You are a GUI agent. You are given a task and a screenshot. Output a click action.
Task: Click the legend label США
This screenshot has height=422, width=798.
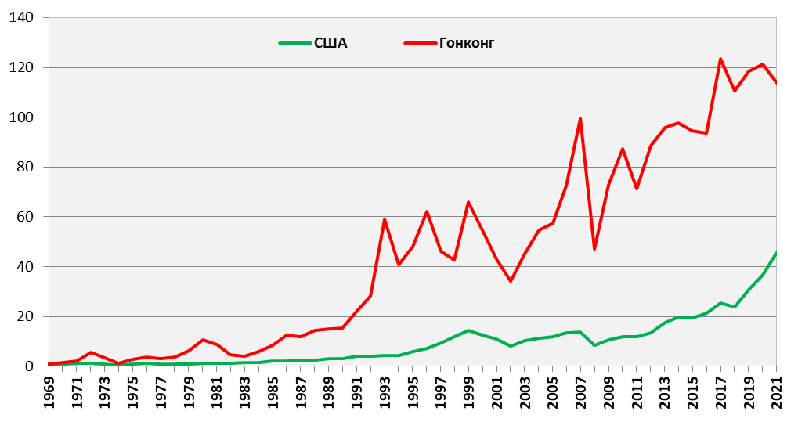point(330,43)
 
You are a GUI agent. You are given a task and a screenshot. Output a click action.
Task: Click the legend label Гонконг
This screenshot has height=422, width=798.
point(467,43)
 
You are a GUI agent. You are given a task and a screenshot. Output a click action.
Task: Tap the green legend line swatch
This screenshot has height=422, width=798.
point(294,43)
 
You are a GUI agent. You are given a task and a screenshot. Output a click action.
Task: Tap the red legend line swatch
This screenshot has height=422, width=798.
point(420,43)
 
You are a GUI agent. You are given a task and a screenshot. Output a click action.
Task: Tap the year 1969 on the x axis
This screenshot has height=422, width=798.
point(49,395)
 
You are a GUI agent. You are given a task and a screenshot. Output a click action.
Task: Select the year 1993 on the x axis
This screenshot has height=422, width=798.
point(385,395)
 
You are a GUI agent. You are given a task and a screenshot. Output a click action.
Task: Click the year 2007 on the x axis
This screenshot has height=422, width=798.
point(580,395)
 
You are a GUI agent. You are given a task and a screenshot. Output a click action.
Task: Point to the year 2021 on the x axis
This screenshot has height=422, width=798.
point(776,395)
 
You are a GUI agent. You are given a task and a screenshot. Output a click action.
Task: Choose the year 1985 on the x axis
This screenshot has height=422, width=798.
point(273,395)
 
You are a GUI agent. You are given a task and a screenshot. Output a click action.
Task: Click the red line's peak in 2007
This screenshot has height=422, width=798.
point(580,118)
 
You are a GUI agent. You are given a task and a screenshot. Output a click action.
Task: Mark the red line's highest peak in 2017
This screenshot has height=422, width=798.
point(720,59)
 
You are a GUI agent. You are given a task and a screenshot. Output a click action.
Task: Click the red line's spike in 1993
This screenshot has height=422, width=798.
point(385,219)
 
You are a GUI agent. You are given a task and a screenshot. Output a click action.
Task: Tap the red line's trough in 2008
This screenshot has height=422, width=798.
point(594,249)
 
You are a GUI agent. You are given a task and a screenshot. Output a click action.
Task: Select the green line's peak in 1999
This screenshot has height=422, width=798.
point(468,330)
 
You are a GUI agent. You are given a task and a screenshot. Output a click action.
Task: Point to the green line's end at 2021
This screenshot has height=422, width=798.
point(776,253)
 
